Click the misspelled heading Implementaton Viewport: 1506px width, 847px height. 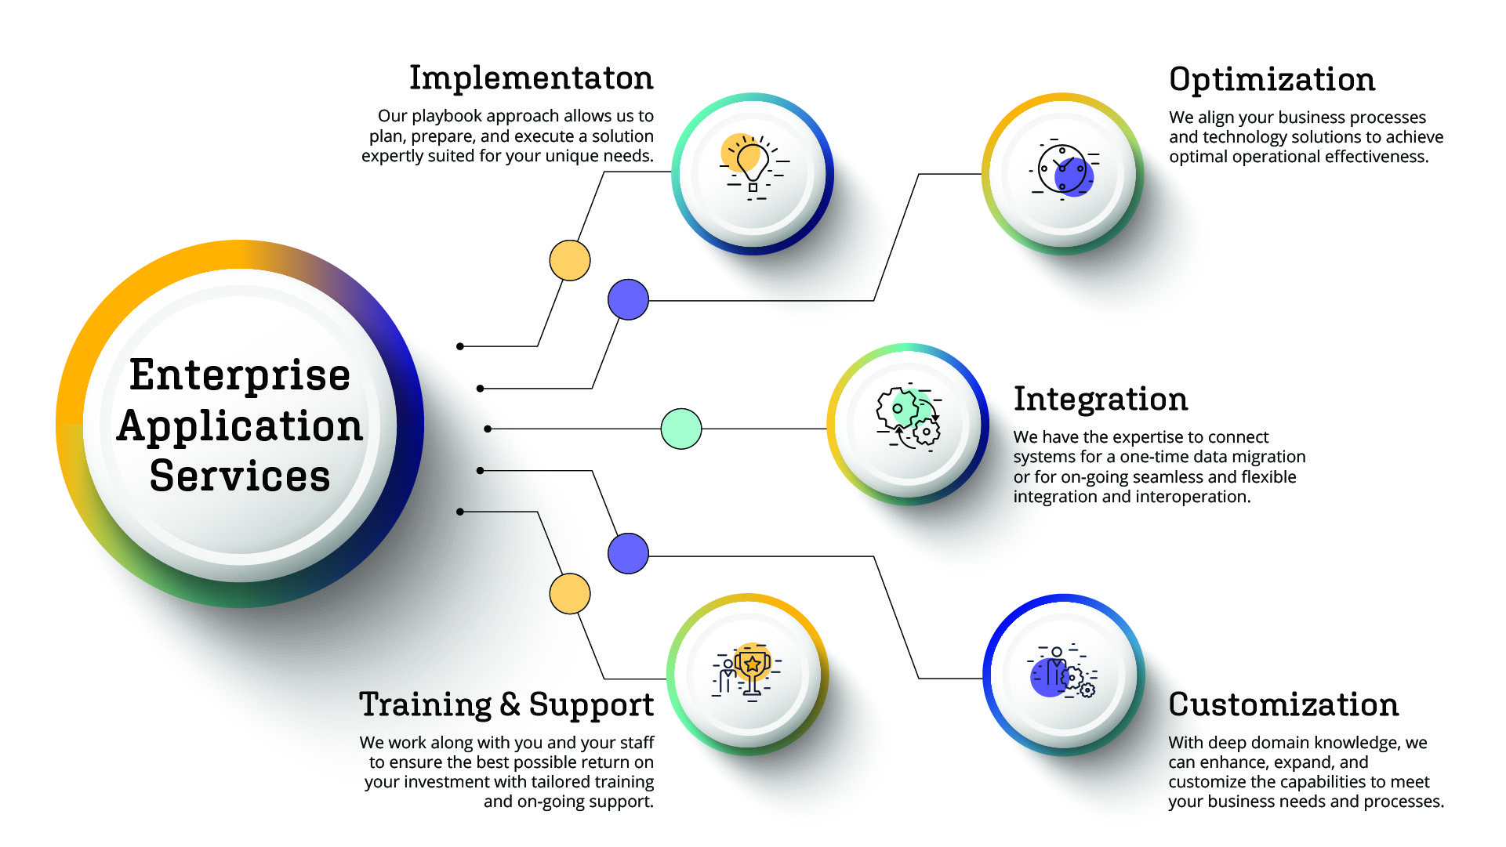(532, 78)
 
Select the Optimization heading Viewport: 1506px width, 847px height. (1272, 80)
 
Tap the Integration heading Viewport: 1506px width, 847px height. (1101, 399)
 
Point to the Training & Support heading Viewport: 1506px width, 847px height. (506, 704)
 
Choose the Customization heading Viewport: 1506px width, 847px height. (1283, 704)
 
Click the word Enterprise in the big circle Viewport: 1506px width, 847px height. (240, 375)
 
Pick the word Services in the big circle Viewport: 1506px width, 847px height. (240, 476)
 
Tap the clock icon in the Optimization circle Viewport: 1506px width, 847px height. (1065, 170)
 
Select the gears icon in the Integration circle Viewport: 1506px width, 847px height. (909, 417)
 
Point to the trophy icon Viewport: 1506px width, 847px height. (748, 671)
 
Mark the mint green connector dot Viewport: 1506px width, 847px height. (681, 429)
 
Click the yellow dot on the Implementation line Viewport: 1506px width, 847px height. (570, 260)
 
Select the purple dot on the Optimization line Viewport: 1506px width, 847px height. (628, 299)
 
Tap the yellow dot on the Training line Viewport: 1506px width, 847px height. (570, 593)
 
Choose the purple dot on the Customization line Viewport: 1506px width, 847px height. (628, 553)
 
